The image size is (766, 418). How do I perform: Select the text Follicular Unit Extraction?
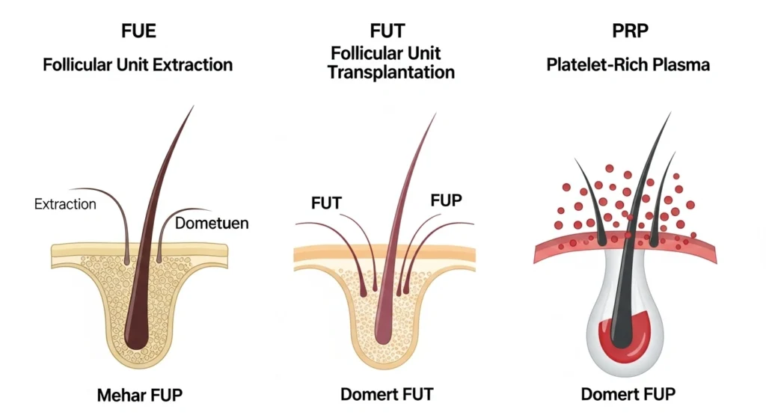[138, 64]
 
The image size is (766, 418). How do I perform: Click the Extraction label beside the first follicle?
[65, 203]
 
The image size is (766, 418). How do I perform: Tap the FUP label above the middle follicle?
[447, 200]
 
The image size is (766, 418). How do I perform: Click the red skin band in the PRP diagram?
[569, 247]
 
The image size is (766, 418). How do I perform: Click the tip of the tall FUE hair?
[192, 107]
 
